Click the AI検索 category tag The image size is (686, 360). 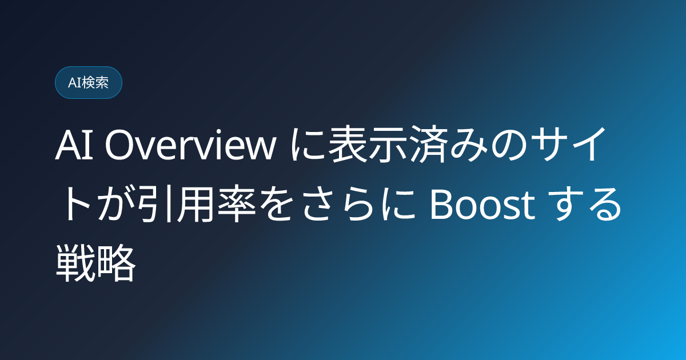[89, 83]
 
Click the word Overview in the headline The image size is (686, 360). [190, 144]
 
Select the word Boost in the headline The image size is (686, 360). [482, 204]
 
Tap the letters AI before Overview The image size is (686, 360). [74, 145]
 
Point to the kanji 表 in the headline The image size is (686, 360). [348, 143]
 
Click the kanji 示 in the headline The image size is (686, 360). [388, 143]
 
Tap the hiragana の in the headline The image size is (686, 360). [507, 145]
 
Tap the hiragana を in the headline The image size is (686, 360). [276, 203]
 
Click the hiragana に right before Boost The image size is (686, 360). [397, 204]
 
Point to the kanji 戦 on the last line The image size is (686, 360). [74, 263]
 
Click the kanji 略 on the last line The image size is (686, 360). [115, 263]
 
